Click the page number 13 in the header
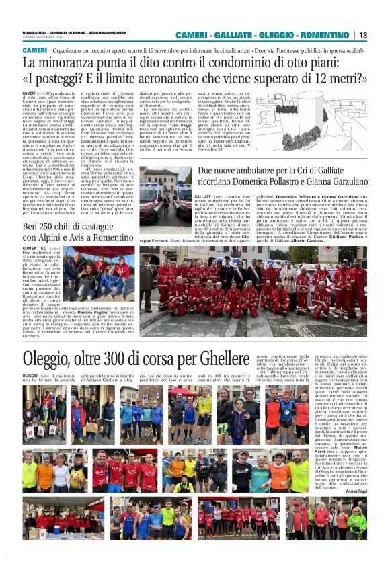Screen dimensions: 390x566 tap(362, 35)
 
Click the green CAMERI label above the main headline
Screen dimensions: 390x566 tap(34, 50)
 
